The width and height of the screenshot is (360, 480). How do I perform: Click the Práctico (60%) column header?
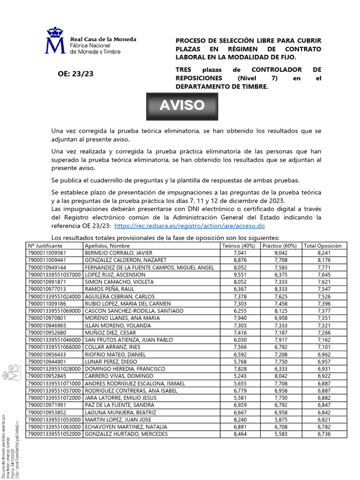click(280, 246)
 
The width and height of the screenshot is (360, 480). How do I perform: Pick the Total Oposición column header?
click(323, 246)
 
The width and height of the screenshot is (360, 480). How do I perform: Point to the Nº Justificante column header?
click(48, 246)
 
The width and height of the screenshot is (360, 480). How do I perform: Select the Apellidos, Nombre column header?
click(107, 246)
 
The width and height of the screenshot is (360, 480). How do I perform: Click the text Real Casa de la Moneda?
click(103, 39)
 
